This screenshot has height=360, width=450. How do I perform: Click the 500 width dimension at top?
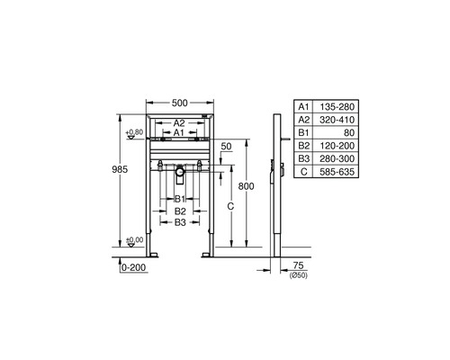[x=180, y=103]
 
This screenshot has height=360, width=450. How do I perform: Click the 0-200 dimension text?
[x=132, y=267]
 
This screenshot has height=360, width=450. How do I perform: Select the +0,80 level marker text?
[x=135, y=132]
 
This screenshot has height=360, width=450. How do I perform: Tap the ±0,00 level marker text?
[x=135, y=240]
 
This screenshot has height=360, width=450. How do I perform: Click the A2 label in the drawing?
[x=179, y=122]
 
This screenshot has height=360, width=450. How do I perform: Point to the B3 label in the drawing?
[x=180, y=221]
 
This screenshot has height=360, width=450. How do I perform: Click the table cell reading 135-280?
[x=340, y=106]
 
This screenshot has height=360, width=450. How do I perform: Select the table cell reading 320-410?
[x=340, y=119]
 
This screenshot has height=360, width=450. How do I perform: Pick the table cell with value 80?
[x=340, y=131]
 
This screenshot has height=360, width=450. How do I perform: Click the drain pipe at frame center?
[x=180, y=170]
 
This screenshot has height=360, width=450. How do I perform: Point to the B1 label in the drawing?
[x=180, y=198]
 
